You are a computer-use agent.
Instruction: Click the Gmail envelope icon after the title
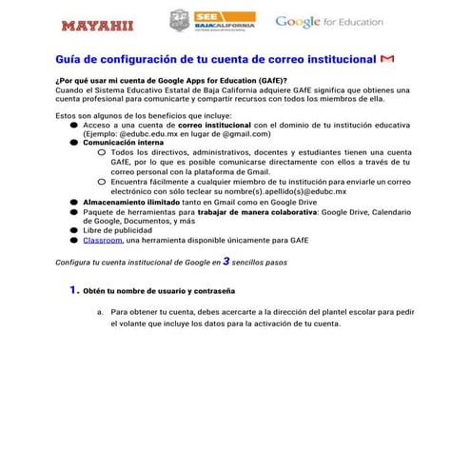click(x=386, y=59)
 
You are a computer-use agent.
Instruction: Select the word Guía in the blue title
click(x=71, y=59)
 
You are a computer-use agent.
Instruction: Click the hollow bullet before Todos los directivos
click(x=102, y=153)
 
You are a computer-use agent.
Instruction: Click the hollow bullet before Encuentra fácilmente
click(x=102, y=182)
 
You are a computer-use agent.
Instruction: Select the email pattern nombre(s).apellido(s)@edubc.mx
click(x=287, y=191)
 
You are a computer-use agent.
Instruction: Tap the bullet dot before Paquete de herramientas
click(x=74, y=211)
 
